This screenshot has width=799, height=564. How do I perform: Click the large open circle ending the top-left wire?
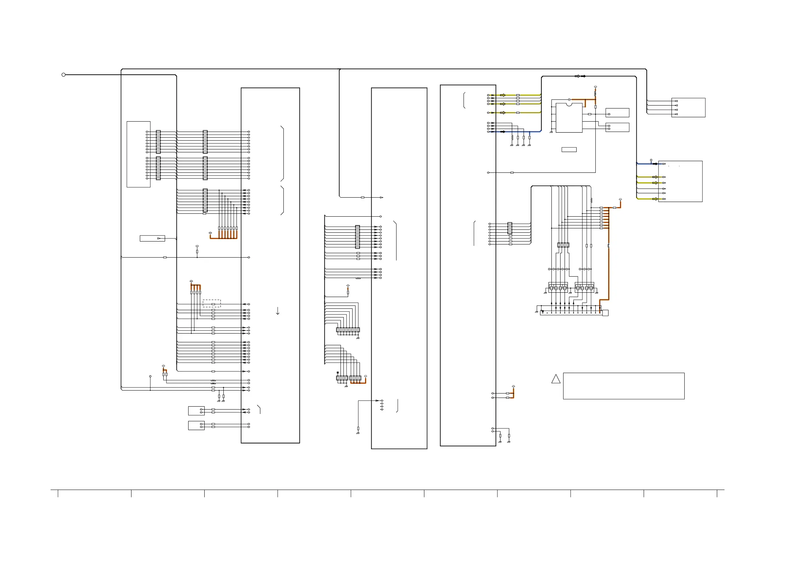pyautogui.click(x=63, y=75)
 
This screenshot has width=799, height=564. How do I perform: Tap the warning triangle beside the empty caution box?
pyautogui.click(x=556, y=379)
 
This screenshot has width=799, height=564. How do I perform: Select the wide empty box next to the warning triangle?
pyautogui.click(x=624, y=386)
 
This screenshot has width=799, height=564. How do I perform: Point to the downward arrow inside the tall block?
pyautogui.click(x=278, y=311)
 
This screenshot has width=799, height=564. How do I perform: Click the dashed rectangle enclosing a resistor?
pyautogui.click(x=212, y=303)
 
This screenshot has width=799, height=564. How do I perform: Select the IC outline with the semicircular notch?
pyautogui.click(x=569, y=118)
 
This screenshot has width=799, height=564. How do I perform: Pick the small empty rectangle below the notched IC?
pyautogui.click(x=569, y=150)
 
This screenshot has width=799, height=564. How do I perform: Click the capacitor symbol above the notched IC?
pyautogui.click(x=569, y=99)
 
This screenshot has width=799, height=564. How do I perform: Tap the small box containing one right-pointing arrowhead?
pyautogui.click(x=152, y=238)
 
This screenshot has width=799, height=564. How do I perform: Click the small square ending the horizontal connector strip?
pyautogui.click(x=605, y=313)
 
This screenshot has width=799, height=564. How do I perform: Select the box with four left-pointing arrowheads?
pyautogui.click(x=688, y=108)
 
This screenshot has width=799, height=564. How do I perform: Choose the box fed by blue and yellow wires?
pyautogui.click(x=680, y=181)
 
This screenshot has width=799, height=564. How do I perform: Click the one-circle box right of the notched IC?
pyautogui.click(x=617, y=113)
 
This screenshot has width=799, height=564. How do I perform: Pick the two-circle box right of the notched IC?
pyautogui.click(x=617, y=127)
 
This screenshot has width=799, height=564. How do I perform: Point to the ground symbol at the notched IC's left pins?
pyautogui.click(x=551, y=132)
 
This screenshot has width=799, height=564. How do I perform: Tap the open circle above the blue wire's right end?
pyautogui.click(x=651, y=160)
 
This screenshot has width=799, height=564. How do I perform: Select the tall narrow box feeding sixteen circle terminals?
pyautogui.click(x=139, y=154)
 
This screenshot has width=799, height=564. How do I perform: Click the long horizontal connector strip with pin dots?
pyautogui.click(x=571, y=313)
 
